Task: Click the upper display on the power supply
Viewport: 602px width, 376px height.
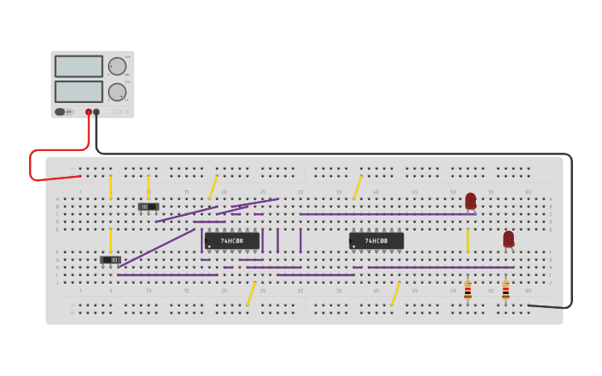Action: tap(78, 66)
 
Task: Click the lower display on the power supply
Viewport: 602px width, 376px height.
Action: tap(78, 91)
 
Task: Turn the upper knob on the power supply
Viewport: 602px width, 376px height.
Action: tap(117, 66)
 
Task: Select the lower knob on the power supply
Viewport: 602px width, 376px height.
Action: tap(117, 92)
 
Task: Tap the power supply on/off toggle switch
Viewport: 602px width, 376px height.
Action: tap(60, 112)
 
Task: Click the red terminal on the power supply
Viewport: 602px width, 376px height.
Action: tap(89, 112)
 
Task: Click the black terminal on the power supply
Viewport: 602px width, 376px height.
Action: tap(96, 112)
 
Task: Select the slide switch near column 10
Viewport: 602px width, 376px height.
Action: tap(149, 206)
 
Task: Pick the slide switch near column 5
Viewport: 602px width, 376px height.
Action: tap(110, 260)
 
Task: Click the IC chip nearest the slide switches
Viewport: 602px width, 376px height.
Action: tap(232, 241)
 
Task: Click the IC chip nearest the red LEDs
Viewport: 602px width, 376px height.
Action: tap(376, 241)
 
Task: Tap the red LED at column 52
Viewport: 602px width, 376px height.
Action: tap(471, 200)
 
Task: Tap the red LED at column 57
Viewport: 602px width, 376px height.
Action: tap(508, 238)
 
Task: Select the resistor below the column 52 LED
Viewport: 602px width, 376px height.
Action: tap(467, 290)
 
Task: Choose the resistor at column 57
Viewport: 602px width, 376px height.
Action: tap(506, 290)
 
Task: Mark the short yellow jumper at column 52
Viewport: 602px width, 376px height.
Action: tap(467, 241)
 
